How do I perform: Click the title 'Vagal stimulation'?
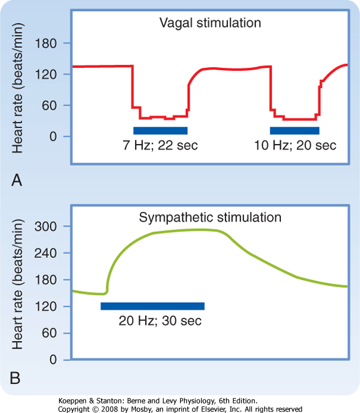tap(210, 23)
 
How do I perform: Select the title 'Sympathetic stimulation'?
tap(210, 218)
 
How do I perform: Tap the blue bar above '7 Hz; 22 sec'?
tap(161, 130)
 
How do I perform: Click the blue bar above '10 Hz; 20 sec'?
tap(294, 130)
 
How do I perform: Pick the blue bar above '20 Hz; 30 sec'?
tap(153, 306)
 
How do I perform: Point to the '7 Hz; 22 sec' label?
tap(161, 145)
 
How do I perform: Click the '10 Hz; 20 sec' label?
tap(295, 145)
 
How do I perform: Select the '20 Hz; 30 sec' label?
tap(160, 321)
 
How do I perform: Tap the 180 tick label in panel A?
tap(45, 43)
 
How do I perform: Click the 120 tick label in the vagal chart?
tap(45, 74)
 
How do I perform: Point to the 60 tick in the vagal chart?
tap(50, 106)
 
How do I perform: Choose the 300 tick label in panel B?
tap(45, 227)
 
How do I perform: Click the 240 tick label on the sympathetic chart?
tap(45, 253)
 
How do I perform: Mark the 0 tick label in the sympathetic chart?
tap(53, 360)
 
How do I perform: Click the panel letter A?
tap(17, 181)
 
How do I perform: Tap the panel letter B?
tap(15, 378)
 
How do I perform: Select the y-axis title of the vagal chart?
tap(18, 88)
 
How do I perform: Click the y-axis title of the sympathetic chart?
tap(18, 284)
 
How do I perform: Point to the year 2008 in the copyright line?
tap(110, 409)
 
